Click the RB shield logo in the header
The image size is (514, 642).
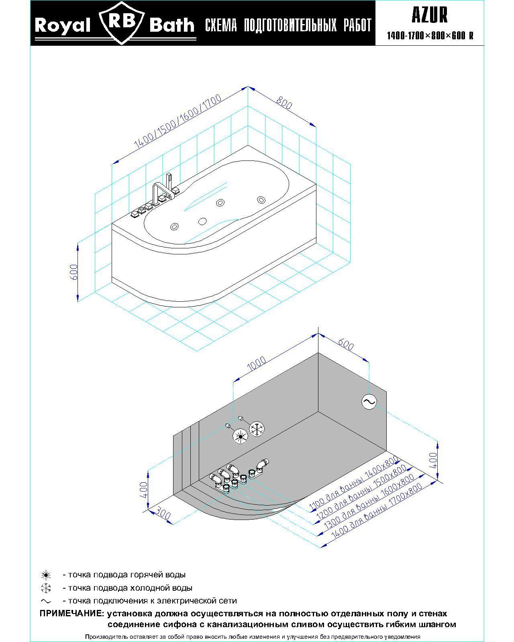pyautogui.click(x=121, y=23)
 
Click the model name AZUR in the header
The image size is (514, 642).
pyautogui.click(x=429, y=15)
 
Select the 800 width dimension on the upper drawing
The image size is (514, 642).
pyautogui.click(x=284, y=103)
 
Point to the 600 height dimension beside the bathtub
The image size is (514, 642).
pyautogui.click(x=73, y=272)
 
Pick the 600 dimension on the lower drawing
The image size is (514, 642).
pyautogui.click(x=345, y=345)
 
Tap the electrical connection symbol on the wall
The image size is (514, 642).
pyautogui.click(x=369, y=402)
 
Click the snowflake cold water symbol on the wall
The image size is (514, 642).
pyautogui.click(x=257, y=429)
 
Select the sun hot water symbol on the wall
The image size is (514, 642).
pyautogui.click(x=240, y=437)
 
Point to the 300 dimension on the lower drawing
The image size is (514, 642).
pyautogui.click(x=163, y=514)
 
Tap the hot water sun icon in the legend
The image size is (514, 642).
pyautogui.click(x=46, y=575)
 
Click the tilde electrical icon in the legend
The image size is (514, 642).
pyautogui.click(x=46, y=601)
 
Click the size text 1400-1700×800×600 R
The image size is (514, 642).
pyautogui.click(x=430, y=36)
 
